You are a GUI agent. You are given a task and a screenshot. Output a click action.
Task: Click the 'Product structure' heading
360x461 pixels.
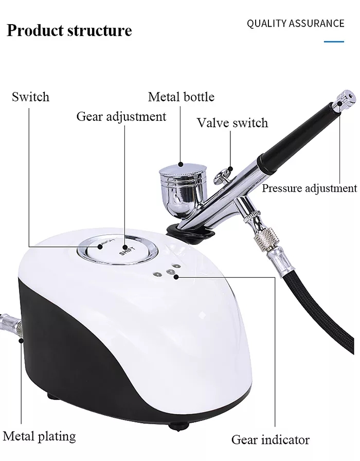[69, 30]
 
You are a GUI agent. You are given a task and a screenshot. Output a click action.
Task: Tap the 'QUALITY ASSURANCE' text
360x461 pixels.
[295, 23]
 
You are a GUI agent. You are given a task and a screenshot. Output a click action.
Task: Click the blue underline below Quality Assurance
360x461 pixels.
[334, 41]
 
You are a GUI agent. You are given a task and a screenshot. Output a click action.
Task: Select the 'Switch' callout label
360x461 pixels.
[30, 97]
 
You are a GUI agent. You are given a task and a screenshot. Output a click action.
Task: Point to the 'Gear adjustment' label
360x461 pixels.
[121, 116]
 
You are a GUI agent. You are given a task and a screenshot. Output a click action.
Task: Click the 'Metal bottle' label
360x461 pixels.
[181, 97]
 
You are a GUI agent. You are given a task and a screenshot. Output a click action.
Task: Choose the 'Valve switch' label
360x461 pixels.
[232, 123]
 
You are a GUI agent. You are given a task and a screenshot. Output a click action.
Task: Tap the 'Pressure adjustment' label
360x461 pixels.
[309, 188]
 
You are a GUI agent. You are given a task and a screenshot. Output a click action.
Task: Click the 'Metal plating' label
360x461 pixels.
[39, 437]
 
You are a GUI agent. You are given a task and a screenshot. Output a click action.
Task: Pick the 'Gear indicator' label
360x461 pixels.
[271, 439]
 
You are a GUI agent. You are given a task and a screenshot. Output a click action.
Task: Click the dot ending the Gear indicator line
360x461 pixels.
[176, 277]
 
